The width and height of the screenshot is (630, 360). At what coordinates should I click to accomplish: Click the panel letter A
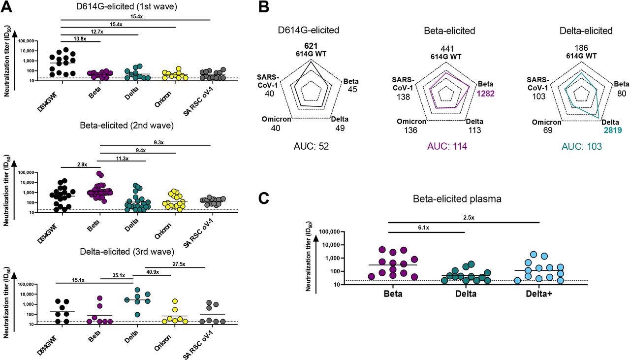pos(8,7)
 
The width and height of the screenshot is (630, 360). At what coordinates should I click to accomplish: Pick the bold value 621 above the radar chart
pos(311,46)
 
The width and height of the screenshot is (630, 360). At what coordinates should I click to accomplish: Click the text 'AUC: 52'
pos(311,146)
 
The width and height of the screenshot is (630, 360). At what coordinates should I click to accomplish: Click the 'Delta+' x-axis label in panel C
pos(539,294)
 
